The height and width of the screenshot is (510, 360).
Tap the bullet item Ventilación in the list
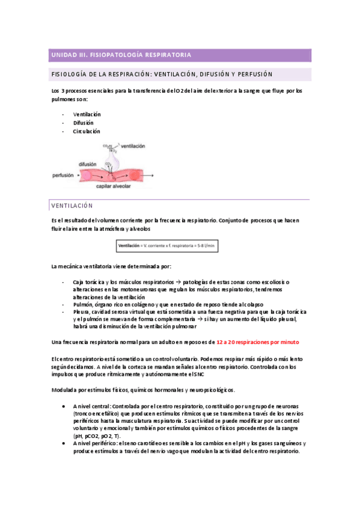pyautogui.click(x=87, y=114)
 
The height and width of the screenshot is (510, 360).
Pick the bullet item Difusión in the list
pyautogui.click(x=84, y=123)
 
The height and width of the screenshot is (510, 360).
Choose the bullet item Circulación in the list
pyautogui.click(x=87, y=131)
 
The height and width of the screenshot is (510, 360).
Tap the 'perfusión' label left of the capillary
pyautogui.click(x=63, y=175)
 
